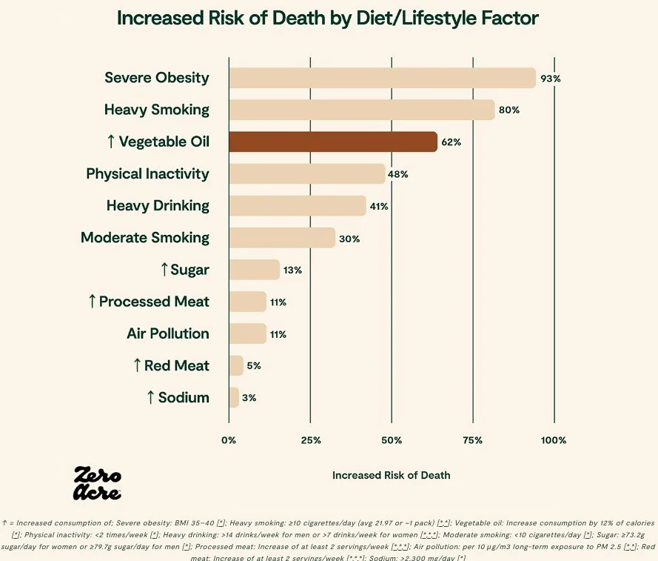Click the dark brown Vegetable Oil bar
[x=333, y=142]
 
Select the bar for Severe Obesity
[x=382, y=78]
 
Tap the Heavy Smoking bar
[x=361, y=110]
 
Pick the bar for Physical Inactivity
[x=307, y=173]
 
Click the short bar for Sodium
[x=234, y=397]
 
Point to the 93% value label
[x=551, y=79]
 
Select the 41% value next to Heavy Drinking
[x=379, y=206]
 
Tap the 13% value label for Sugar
[x=292, y=270]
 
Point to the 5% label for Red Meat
[x=253, y=366]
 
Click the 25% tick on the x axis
[x=311, y=440]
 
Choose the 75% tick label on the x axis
[x=473, y=440]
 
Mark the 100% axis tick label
[x=553, y=440]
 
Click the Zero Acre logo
[x=97, y=483]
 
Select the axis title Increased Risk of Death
[x=391, y=475]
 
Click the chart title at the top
[x=328, y=19]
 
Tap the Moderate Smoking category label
[x=145, y=238]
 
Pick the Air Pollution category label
[x=168, y=333]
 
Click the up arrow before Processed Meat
[x=92, y=302]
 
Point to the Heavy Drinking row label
[x=158, y=205]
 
